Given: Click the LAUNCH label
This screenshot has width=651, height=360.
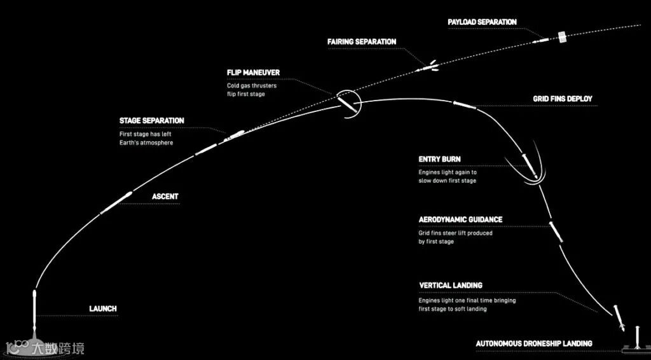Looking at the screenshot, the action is tap(102, 309).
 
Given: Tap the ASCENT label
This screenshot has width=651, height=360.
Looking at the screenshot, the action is tap(165, 197).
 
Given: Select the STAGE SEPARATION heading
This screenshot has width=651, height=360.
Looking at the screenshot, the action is tap(151, 121).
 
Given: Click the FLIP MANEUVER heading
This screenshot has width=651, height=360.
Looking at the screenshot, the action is tap(253, 73).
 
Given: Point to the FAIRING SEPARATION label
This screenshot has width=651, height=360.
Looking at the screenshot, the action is tap(362, 42).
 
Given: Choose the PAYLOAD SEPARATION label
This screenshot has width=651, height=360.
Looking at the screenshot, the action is tap(482, 22).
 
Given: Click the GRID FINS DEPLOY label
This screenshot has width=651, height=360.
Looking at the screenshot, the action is tap(562, 99).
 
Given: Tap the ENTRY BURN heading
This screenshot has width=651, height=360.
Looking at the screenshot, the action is tap(439, 159).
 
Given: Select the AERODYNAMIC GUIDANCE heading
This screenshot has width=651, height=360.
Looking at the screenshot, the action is tap(460, 219).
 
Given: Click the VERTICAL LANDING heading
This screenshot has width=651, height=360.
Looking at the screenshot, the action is tap(451, 286).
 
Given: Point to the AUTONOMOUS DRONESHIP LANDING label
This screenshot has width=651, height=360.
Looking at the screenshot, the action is tap(534, 343).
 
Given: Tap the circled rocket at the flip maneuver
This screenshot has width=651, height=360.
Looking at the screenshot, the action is tap(347, 102).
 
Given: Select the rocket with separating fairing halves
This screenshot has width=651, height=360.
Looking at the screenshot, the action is tap(428, 65).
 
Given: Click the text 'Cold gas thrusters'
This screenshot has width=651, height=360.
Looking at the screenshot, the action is tap(252, 85).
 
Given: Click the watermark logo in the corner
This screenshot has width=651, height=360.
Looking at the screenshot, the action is tap(45, 348).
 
